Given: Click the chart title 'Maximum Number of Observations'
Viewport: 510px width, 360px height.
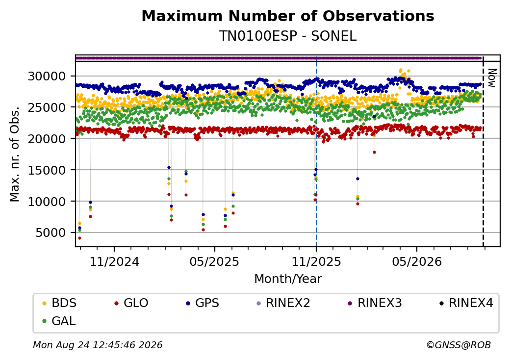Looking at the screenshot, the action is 288,16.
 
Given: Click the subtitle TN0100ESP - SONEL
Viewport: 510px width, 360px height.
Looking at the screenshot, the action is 288,36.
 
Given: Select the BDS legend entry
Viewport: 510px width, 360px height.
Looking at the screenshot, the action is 59,303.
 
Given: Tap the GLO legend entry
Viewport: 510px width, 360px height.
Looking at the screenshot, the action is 131,303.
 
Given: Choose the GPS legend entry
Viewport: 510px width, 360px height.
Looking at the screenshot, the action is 203,303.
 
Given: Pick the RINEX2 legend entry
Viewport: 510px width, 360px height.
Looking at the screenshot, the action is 283,303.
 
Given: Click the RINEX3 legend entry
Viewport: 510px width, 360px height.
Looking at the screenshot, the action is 375,303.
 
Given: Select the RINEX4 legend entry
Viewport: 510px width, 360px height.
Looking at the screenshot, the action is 466,303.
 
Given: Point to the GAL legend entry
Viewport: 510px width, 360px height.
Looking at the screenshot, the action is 59,321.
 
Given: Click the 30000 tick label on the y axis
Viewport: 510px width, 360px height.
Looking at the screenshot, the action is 47,77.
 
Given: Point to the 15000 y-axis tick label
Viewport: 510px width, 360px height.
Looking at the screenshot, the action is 47,170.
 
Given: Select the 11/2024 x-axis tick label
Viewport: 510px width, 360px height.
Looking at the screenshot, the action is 114,261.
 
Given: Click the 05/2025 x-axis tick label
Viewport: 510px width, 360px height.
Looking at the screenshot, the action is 214,261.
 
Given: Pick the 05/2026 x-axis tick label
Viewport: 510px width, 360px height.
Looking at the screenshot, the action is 417,261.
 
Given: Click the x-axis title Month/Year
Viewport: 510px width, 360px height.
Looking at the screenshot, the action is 288,279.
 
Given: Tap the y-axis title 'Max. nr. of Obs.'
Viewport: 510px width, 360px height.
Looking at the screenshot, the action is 15,154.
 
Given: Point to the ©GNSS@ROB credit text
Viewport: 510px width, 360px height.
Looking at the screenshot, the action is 459,345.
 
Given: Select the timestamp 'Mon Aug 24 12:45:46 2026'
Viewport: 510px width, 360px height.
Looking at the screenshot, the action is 98,345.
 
